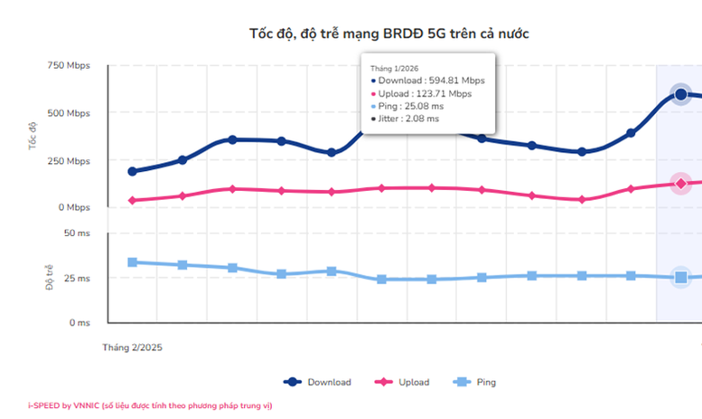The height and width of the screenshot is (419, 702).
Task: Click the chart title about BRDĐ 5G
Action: [388, 33]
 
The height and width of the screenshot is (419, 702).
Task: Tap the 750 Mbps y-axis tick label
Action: [70, 66]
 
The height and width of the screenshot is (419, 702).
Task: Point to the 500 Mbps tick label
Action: [70, 113]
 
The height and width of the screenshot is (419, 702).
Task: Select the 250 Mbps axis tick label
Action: [70, 160]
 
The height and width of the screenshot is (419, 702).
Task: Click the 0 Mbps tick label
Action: [75, 207]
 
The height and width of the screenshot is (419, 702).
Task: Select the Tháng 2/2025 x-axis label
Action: [133, 347]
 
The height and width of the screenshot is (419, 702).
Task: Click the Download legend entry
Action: [317, 383]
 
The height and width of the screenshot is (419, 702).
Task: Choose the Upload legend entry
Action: [403, 383]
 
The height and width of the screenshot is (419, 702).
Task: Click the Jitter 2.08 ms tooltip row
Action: [407, 119]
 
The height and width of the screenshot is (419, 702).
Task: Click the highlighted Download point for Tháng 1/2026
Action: [681, 94]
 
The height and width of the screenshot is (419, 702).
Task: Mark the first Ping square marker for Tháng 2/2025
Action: [133, 262]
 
